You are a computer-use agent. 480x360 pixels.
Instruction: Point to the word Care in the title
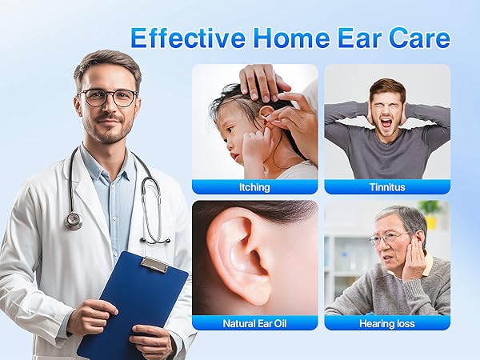tap(420, 38)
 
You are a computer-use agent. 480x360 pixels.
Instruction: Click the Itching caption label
tap(254, 187)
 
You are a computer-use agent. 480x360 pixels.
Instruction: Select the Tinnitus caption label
tap(386, 187)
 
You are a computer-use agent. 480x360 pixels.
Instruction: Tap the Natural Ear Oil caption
tap(254, 323)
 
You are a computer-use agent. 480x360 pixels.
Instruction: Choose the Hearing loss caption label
tap(386, 323)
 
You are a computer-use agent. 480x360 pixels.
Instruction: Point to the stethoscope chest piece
tap(74, 220)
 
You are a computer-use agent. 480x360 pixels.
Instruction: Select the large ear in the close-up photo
tap(240, 256)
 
